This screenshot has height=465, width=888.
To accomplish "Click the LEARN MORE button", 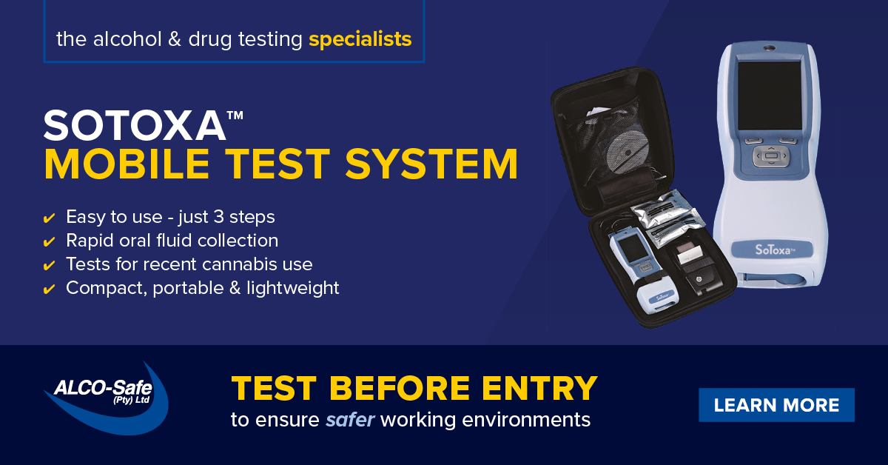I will pyautogui.click(x=776, y=405).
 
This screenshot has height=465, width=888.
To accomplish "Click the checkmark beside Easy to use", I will pyautogui.click(x=50, y=218).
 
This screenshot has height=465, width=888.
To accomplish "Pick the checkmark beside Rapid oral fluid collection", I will pyautogui.click(x=50, y=242).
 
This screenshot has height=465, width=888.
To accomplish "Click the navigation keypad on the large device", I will pyautogui.click(x=771, y=155).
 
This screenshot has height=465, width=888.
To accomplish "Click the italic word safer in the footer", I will pyautogui.click(x=351, y=420).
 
